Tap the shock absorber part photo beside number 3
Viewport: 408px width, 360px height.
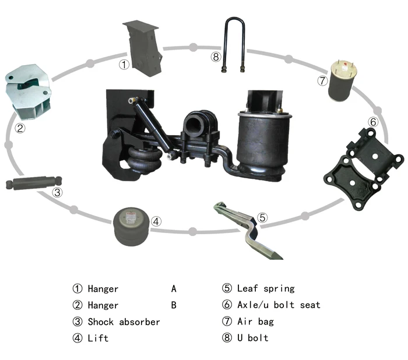coord(34,183)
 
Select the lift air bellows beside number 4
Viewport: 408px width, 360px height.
coord(132,226)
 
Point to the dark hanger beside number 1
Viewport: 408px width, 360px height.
coord(143,49)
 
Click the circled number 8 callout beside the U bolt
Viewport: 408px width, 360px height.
coord(216,57)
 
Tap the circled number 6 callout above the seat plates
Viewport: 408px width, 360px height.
coord(373,122)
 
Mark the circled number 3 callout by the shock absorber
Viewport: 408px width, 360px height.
coord(57,192)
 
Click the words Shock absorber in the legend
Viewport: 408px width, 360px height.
coord(124,322)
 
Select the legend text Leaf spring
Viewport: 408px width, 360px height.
coord(266,288)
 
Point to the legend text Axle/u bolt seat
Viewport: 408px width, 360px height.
coord(279,305)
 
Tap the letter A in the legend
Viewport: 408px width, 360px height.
coord(174,288)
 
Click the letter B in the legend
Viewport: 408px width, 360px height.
coord(174,305)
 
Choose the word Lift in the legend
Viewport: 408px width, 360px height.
coord(98,338)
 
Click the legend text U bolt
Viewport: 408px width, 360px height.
coord(252,338)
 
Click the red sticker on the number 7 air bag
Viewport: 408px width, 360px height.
coord(345,64)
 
